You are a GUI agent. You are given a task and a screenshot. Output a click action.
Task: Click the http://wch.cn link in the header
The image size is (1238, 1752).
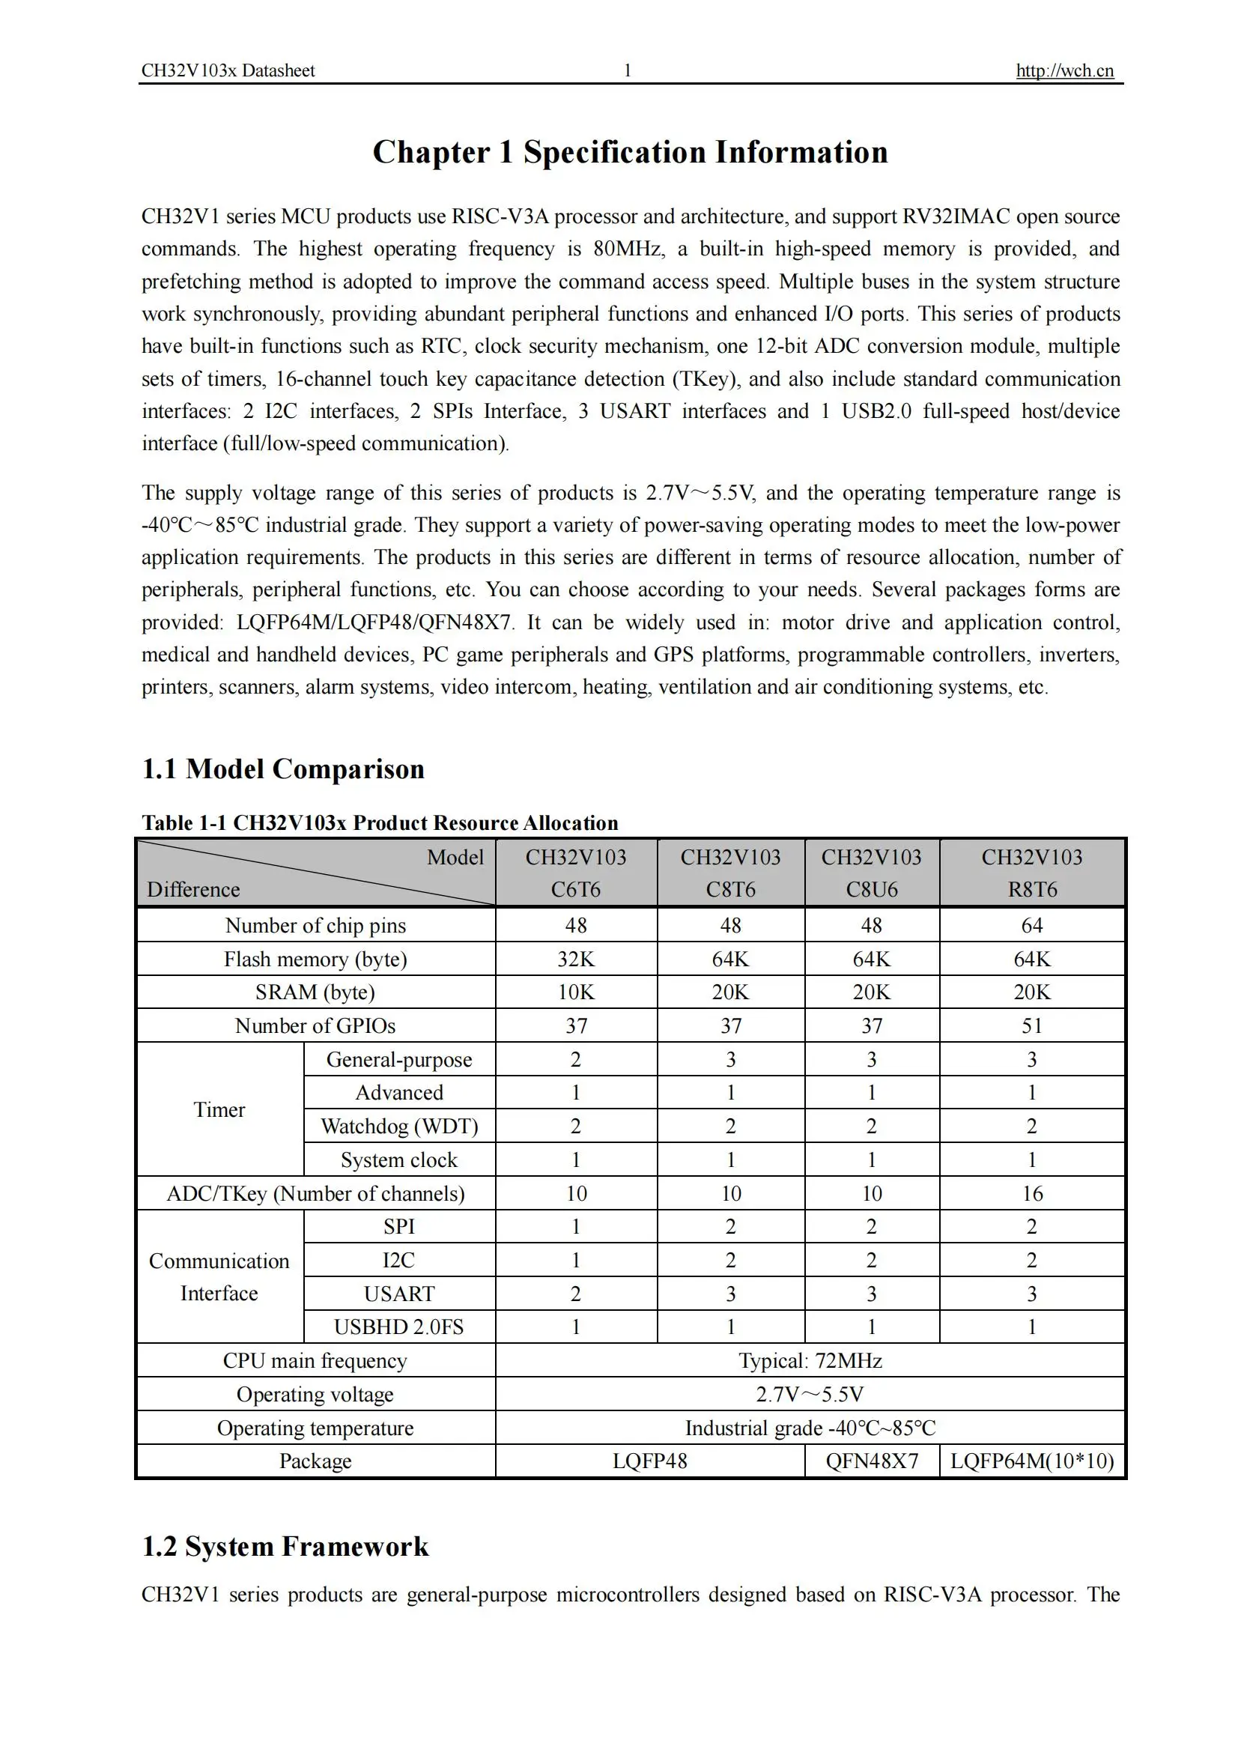tap(1064, 71)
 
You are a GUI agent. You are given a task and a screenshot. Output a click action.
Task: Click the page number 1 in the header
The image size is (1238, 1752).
tap(627, 71)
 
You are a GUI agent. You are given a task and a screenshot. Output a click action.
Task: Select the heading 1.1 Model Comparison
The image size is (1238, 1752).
tap(283, 769)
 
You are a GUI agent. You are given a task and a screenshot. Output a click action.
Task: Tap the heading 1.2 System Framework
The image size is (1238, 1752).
tap(285, 1546)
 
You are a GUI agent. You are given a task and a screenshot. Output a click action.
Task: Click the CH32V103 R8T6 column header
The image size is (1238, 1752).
tap(1031, 873)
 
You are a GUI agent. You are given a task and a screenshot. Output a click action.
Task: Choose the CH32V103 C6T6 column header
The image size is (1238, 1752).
tap(576, 873)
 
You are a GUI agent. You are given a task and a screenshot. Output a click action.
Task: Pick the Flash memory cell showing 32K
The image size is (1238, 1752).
tap(576, 960)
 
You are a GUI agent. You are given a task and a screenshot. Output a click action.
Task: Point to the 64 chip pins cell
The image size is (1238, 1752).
tap(1031, 926)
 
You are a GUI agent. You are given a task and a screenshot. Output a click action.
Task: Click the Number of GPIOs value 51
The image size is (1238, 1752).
tap(1031, 1026)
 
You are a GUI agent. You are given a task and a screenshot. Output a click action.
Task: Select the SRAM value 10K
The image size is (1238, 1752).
tap(576, 992)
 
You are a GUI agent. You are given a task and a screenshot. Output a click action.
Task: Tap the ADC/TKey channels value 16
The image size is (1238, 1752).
tap(1031, 1193)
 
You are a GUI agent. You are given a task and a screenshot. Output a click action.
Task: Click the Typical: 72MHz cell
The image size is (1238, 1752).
tap(810, 1360)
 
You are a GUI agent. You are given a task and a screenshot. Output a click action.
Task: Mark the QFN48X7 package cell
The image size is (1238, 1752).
tap(872, 1461)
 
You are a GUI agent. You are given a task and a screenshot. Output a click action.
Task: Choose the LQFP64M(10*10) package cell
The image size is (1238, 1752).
tap(1031, 1461)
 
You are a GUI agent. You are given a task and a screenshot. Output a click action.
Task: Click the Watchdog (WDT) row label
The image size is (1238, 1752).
tap(399, 1127)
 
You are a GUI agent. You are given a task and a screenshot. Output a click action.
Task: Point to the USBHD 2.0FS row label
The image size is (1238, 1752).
tap(399, 1327)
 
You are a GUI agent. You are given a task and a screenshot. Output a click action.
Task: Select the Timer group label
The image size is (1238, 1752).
tap(219, 1109)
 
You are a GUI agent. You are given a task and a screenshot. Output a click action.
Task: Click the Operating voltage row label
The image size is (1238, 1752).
tap(315, 1394)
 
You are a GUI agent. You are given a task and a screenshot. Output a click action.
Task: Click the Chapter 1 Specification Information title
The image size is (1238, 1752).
tap(630, 152)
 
